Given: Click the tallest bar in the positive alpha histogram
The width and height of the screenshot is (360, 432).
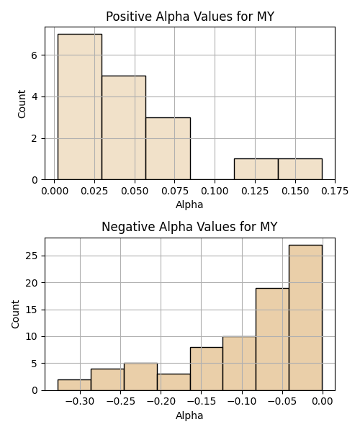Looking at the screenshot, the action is pos(80,107).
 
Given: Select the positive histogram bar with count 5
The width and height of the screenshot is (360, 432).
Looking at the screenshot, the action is pos(124,128).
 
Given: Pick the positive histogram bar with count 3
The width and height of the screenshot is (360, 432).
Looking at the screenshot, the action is pos(168,149).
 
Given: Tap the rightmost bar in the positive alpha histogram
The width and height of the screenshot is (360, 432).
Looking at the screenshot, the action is pos(300,169).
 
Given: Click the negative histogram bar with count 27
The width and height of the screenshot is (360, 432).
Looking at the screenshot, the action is pos(305,318).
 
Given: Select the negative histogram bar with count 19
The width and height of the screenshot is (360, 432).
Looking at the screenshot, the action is pos(272,339).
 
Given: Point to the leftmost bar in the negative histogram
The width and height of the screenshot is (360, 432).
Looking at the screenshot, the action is pos(74,385).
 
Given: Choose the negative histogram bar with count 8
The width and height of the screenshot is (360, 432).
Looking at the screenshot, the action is pos(207,369).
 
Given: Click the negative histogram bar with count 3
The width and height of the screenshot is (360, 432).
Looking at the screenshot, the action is pos(174,382).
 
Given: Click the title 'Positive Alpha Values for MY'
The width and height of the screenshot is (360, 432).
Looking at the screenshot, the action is pos(190,17).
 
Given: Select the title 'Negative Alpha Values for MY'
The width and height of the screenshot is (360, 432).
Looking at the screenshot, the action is pos(189,227).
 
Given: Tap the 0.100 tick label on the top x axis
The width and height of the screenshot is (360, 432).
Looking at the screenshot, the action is pos(215,191).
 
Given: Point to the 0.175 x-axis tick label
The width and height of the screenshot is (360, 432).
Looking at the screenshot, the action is pos(335,191).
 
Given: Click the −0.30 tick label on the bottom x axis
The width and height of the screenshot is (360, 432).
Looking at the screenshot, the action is pos(80,402).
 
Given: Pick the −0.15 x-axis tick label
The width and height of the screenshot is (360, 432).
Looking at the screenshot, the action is pos(201,402).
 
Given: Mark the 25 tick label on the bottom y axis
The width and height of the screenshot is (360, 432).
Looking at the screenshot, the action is pos(31,256).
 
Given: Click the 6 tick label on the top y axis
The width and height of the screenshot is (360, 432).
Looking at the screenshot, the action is pos(34,55).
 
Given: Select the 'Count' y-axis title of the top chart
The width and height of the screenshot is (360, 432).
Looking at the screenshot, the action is pos(22,104).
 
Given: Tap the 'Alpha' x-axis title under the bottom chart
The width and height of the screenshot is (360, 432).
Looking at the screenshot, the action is pos(189,415).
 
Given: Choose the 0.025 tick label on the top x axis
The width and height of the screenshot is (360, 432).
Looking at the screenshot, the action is pos(94,191).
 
